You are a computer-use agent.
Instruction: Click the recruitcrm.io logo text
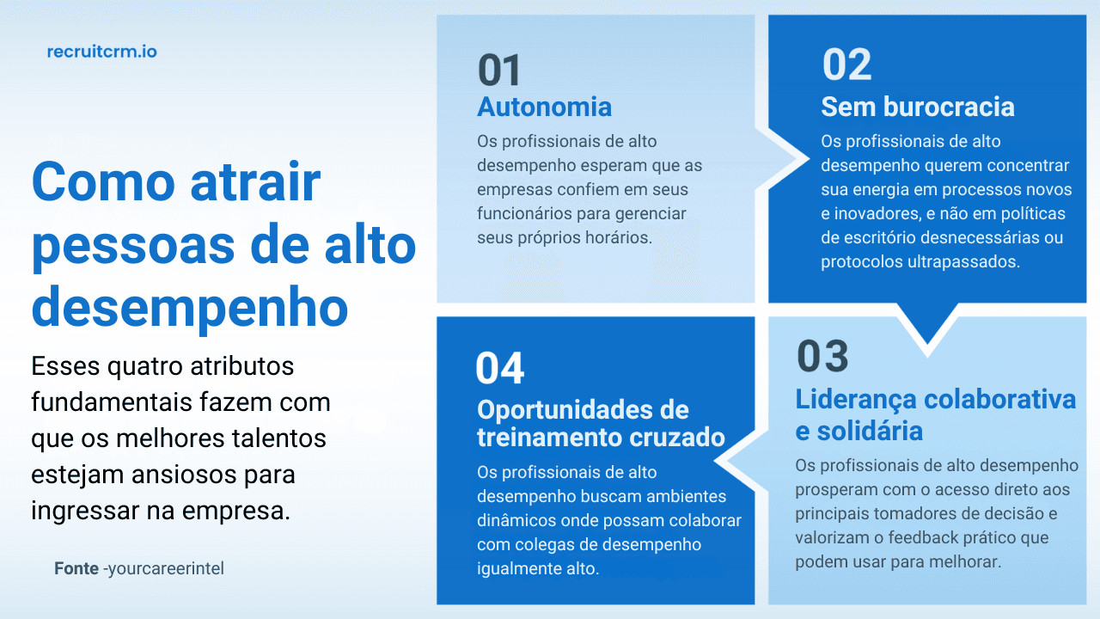[101, 52]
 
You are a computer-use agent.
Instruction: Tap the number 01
[499, 70]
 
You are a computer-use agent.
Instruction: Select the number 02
[846, 65]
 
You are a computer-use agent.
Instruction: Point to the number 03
[822, 357]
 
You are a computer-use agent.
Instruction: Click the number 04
[499, 369]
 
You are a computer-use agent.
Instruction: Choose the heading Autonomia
[544, 107]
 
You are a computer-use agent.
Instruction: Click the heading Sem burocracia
[917, 107]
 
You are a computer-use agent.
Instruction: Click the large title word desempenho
[189, 308]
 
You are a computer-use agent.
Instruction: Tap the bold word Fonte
[76, 569]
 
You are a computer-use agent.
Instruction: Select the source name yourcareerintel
[166, 569]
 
